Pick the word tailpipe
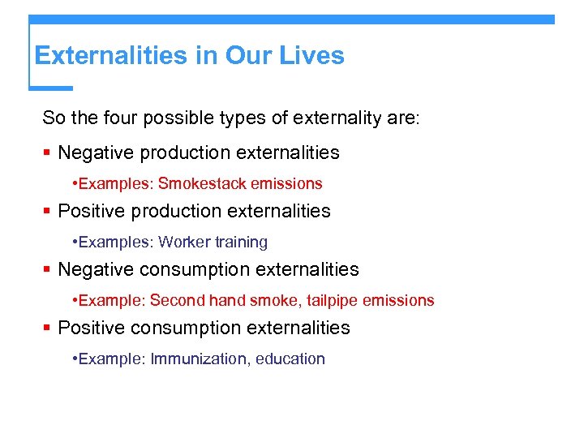(328, 301)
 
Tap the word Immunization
(200, 359)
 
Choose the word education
(290, 359)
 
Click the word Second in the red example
(178, 301)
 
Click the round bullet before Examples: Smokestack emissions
(75, 184)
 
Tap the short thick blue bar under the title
(51, 88)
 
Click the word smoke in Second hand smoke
(272, 301)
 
